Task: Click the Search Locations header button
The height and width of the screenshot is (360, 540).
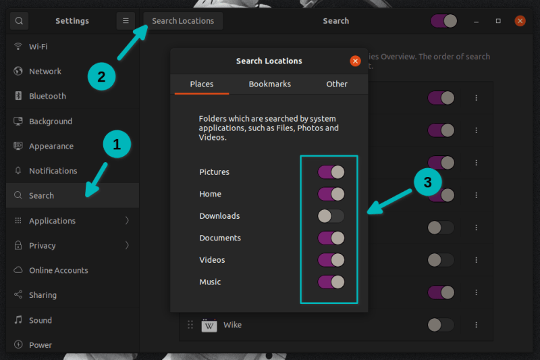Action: pos(183,21)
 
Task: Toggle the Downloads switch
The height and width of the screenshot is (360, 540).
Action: pos(331,216)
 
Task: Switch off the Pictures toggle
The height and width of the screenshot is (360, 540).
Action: pos(331,172)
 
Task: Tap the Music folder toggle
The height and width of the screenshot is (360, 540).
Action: pos(331,282)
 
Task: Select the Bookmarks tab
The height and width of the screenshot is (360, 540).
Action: pos(269,84)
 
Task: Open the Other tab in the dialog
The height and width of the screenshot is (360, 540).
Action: pos(336,84)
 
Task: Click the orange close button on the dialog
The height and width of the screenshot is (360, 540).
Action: pos(355,61)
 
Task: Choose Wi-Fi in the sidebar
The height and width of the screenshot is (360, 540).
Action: pos(38,47)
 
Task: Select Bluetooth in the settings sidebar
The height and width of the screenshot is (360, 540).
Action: pos(47,96)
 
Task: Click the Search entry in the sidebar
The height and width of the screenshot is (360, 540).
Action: pos(41,195)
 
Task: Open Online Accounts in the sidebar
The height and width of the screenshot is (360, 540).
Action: pos(58,270)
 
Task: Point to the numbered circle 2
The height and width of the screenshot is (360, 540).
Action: pos(101,76)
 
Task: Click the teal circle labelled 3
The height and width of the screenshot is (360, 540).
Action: pos(427,182)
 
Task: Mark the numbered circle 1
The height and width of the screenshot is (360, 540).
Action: pos(116,144)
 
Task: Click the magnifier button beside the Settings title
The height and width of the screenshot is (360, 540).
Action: pos(19,21)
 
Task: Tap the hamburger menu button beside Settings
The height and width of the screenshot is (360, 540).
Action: pos(126,21)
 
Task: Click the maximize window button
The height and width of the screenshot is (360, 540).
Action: pos(498,21)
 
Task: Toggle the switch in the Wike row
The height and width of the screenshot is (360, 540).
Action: pos(440,325)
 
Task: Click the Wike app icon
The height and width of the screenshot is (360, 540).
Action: pos(209,325)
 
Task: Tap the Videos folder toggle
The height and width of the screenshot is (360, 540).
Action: pos(331,260)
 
